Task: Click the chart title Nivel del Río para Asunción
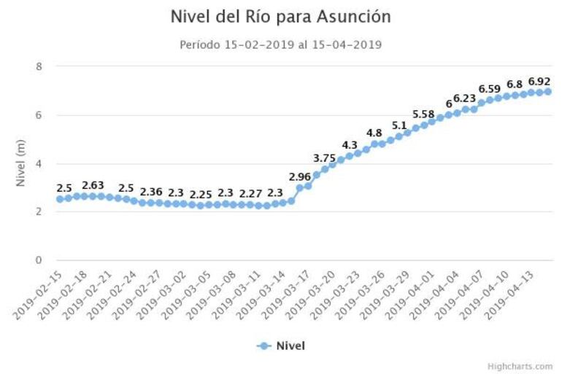[280, 16]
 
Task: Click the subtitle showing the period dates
[280, 44]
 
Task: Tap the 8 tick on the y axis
[39, 66]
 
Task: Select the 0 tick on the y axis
[39, 260]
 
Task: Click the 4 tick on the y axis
[39, 163]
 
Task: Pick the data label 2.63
[95, 185]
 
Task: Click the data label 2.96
[300, 176]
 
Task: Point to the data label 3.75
[325, 158]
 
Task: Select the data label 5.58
[423, 114]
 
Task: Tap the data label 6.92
[539, 81]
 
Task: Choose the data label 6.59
[490, 89]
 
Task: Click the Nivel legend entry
[281, 346]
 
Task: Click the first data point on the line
[60, 199]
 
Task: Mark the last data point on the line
[547, 92]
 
